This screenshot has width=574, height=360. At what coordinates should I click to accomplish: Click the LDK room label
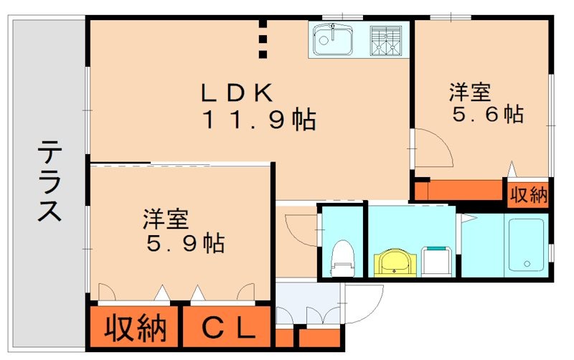point(237,93)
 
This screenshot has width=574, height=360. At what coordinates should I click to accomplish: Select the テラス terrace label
point(48,182)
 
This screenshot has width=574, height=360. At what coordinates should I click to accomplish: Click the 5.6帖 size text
point(487,114)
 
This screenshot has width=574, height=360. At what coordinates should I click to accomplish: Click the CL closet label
point(227,329)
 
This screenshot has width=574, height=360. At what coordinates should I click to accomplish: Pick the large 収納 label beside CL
point(136,329)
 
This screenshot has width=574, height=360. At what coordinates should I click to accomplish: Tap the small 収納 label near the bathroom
point(529,195)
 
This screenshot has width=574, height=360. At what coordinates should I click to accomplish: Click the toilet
point(342,258)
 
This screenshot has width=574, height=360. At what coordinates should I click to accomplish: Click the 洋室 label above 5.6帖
point(470,93)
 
